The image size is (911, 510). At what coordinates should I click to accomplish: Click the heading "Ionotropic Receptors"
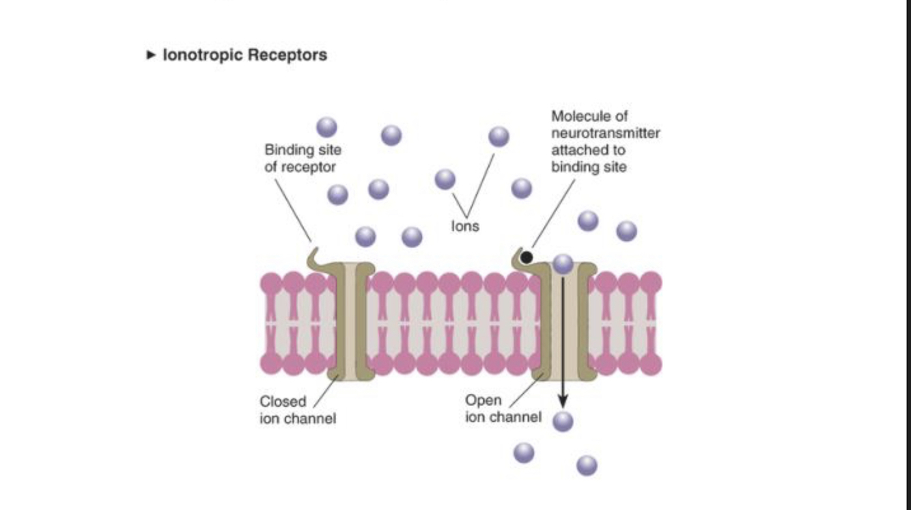click(x=244, y=55)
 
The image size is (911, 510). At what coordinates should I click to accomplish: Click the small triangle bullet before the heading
click(x=151, y=55)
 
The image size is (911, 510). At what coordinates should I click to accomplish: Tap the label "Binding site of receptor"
click(x=302, y=158)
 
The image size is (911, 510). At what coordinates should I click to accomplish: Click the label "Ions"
click(x=465, y=226)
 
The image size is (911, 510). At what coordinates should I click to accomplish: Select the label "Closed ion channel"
click(x=297, y=410)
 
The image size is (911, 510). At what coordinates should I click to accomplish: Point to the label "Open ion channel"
click(x=503, y=408)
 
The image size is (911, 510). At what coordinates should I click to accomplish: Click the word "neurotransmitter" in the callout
click(x=605, y=133)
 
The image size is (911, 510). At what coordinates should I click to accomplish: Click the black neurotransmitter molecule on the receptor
click(x=527, y=258)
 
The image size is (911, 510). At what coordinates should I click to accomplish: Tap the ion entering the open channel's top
click(x=563, y=263)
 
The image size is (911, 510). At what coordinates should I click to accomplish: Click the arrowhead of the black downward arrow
click(x=563, y=401)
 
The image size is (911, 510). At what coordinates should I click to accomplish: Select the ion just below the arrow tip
click(x=563, y=421)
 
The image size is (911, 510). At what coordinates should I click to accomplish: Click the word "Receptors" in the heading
click(x=287, y=55)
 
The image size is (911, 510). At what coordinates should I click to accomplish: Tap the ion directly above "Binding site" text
click(x=326, y=126)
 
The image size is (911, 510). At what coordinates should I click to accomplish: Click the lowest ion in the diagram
click(x=587, y=466)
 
